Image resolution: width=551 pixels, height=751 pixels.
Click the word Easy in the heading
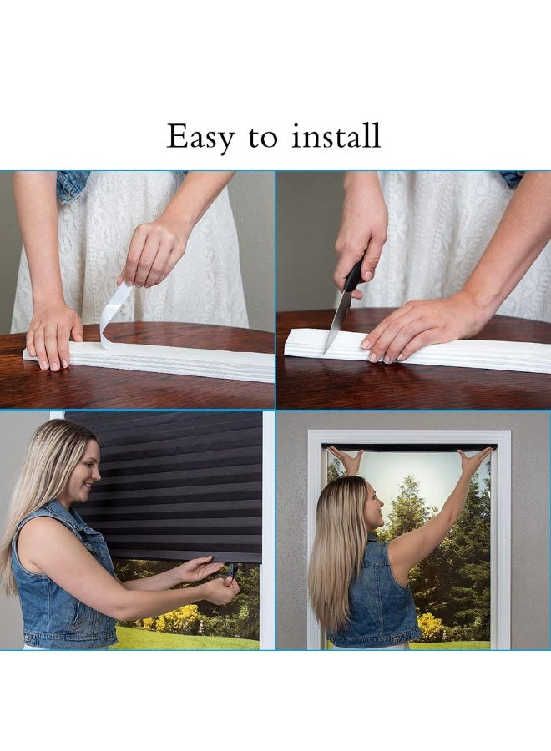pos(200,136)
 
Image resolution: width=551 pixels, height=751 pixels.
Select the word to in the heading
pos(262,138)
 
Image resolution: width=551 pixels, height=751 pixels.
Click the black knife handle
pos(353,276)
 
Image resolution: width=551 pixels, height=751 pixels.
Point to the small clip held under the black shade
pos(231,572)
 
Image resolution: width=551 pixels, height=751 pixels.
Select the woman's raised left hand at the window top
pos(346,460)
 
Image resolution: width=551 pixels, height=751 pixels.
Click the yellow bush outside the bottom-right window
pos(430,626)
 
